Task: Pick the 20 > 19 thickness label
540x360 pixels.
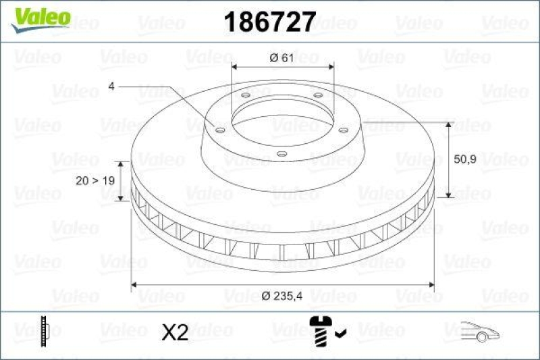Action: pos(94,181)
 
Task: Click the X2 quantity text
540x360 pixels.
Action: pos(175,332)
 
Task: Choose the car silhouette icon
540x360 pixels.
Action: pos(481,330)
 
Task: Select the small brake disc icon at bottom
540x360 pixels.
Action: pos(45,330)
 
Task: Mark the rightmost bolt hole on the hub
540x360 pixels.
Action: pos(343,130)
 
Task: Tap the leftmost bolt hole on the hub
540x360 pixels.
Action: pos(218,128)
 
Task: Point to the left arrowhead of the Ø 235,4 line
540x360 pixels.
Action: pos(135,286)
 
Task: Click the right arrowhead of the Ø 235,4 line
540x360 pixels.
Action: pos(430,286)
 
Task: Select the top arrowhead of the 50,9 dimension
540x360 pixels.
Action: pos(448,126)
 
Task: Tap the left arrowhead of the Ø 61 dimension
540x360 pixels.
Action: pos(236,67)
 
